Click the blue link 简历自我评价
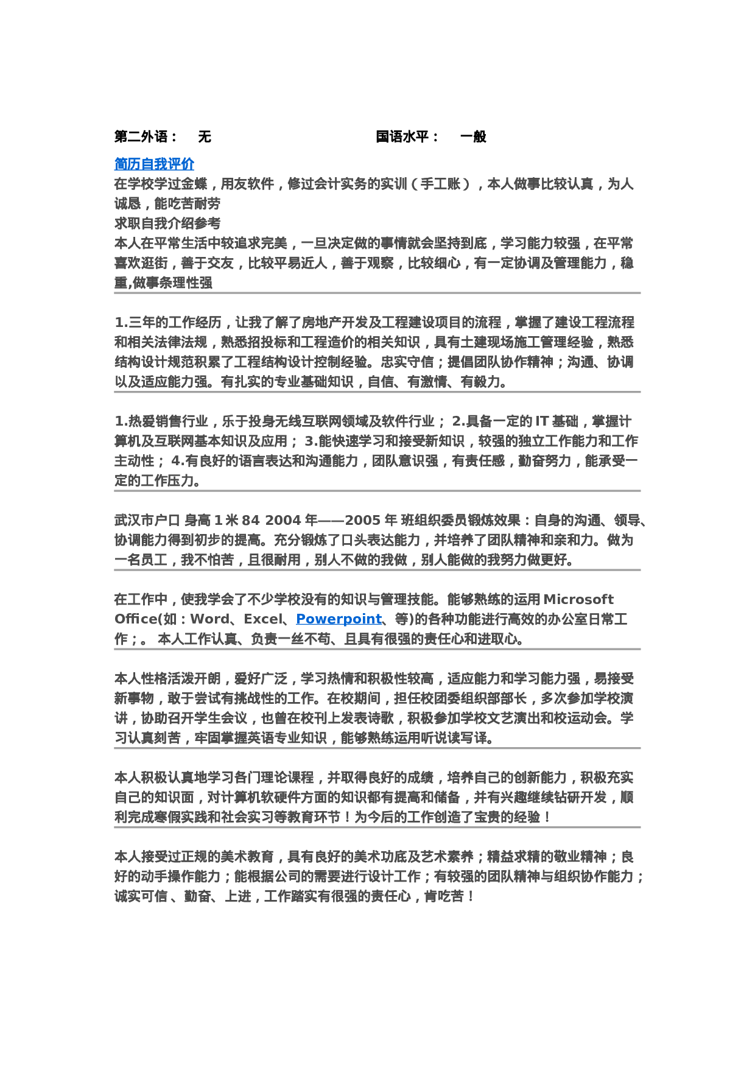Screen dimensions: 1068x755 (154, 164)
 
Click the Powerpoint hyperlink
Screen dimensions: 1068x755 (339, 619)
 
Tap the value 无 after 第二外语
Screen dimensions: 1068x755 (205, 136)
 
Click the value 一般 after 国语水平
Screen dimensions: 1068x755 (473, 136)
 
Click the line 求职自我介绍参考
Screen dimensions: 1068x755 (167, 223)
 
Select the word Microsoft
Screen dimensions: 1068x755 (578, 599)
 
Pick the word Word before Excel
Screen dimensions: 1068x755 (209, 619)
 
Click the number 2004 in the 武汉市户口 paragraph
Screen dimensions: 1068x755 (283, 521)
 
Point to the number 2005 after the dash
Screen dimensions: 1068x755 (363, 521)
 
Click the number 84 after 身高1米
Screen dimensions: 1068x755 (250, 521)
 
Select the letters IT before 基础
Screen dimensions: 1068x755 (542, 421)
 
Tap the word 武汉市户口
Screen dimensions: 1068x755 (147, 521)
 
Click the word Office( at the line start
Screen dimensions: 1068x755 (137, 619)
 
